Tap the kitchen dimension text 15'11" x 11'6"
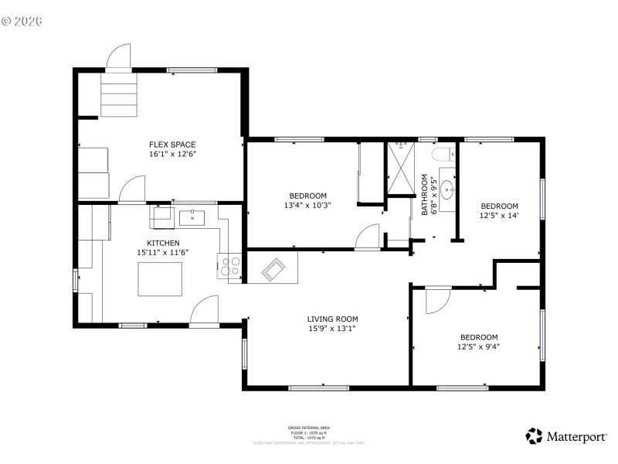[163, 252]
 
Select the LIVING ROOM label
[332, 319]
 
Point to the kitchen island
[161, 279]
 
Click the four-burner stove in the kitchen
[229, 266]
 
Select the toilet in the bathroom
[446, 154]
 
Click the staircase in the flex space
[119, 94]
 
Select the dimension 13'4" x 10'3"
[308, 206]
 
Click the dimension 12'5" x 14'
[499, 216]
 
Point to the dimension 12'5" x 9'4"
[479, 347]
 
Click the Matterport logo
[566, 436]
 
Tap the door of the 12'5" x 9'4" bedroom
[436, 300]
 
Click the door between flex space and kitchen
[132, 189]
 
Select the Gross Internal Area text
[309, 427]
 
